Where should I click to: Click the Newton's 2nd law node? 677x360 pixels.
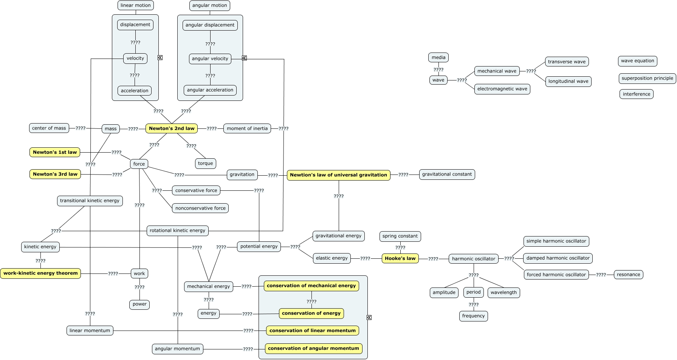point(172,128)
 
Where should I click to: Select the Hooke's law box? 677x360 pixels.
point(400,258)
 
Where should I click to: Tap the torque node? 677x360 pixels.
point(205,164)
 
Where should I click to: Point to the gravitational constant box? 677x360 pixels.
point(447,174)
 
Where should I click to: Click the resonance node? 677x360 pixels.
point(628,275)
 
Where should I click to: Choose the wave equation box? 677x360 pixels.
point(637,61)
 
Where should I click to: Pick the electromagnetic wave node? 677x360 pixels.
point(502,89)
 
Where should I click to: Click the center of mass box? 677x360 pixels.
point(49,128)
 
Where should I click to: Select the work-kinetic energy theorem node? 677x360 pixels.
point(40,273)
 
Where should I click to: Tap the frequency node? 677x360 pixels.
point(473,316)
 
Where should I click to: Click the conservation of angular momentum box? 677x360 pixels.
point(313,348)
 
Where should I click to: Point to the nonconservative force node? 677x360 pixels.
point(200,208)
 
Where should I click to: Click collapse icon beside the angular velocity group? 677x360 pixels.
point(245,58)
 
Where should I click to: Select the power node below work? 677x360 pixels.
point(139,304)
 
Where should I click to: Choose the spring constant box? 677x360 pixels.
point(400,236)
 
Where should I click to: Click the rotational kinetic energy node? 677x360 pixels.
point(177,230)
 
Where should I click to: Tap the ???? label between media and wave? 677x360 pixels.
point(438,70)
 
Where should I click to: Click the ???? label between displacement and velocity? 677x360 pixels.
point(135,43)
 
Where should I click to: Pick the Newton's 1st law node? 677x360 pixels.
point(55,152)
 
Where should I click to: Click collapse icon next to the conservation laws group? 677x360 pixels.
point(369,317)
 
